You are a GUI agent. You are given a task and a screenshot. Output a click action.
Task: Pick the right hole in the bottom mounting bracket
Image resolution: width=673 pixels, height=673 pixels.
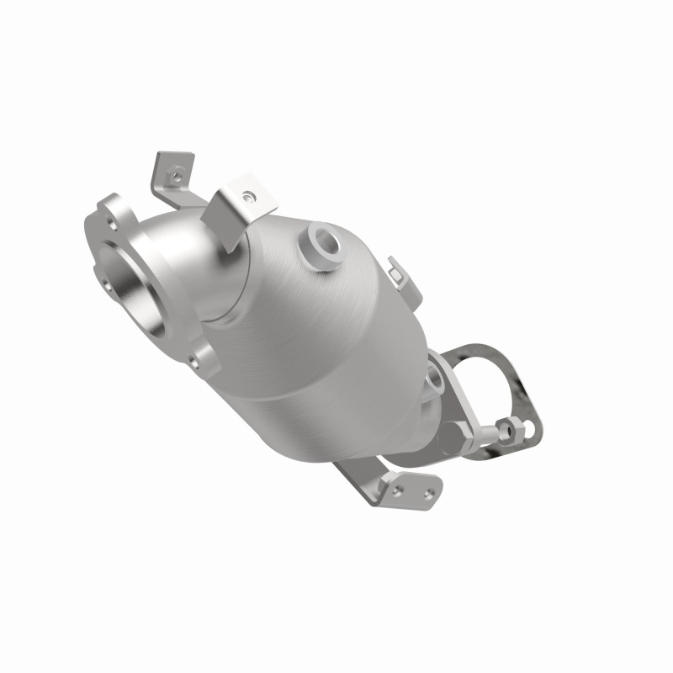click(430, 487)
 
